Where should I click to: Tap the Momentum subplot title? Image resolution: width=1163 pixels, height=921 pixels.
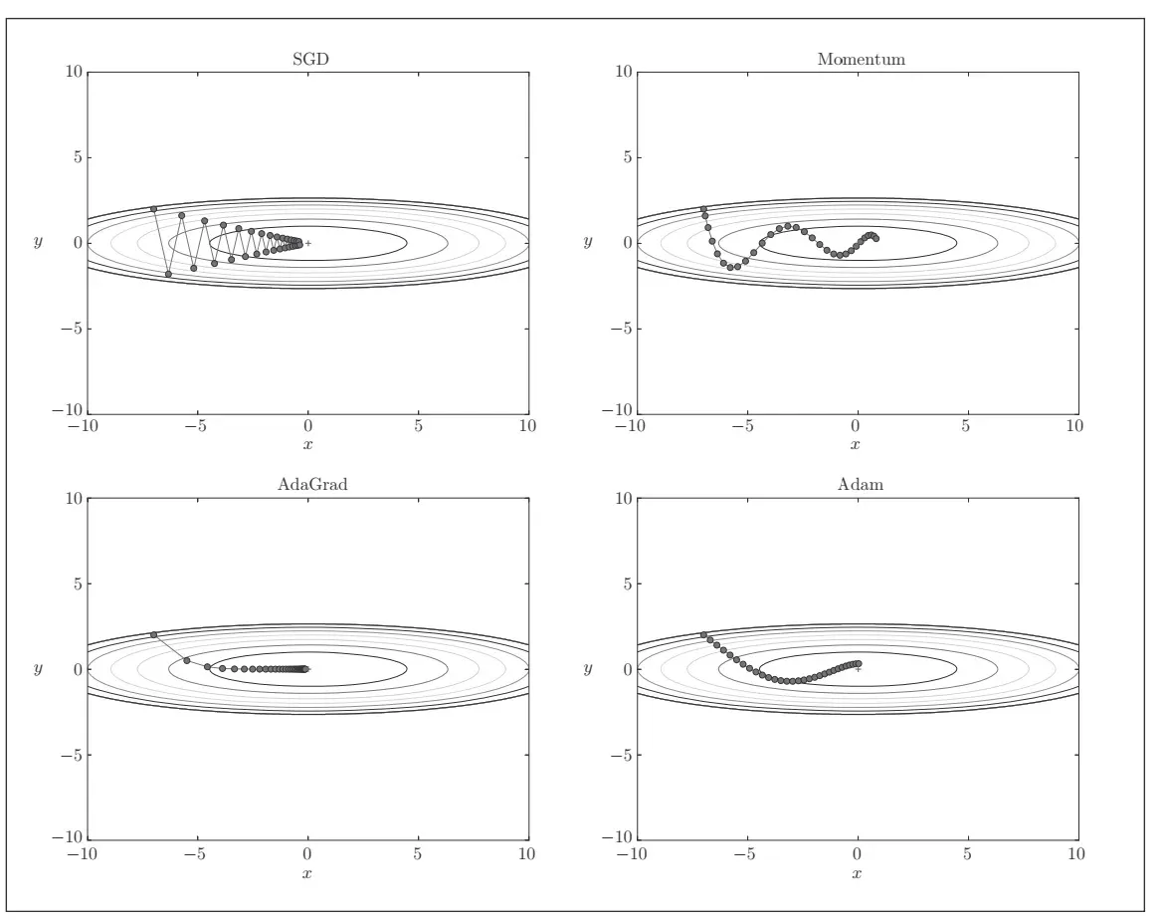pyautogui.click(x=861, y=59)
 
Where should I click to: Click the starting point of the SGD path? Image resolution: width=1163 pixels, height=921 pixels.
pyautogui.click(x=153, y=209)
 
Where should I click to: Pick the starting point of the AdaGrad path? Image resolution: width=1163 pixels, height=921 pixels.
pyautogui.click(x=153, y=635)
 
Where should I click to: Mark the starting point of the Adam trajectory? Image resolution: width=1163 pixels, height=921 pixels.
pyautogui.click(x=703, y=635)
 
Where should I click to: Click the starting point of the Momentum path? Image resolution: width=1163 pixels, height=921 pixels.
pyautogui.click(x=703, y=209)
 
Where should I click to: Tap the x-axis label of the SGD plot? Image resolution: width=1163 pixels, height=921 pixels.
pyautogui.click(x=307, y=444)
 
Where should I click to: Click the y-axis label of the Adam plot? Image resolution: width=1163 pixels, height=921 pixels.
pyautogui.click(x=588, y=669)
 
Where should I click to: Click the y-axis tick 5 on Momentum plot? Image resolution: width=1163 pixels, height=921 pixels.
pyautogui.click(x=623, y=157)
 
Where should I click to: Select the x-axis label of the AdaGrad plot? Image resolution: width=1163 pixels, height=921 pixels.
pyautogui.click(x=307, y=872)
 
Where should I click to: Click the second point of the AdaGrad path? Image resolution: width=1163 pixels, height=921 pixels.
pyautogui.click(x=187, y=660)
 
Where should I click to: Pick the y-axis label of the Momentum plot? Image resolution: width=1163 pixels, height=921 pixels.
pyautogui.click(x=588, y=243)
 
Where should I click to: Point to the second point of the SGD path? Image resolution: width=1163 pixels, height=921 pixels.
pyautogui.click(x=168, y=274)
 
